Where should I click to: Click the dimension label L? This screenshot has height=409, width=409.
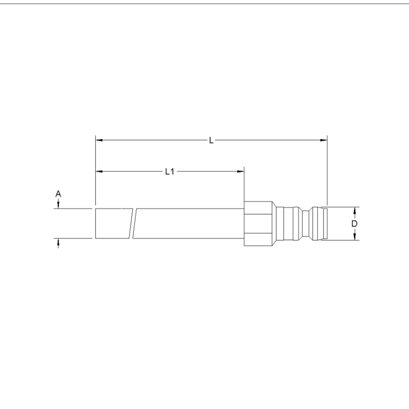(212, 141)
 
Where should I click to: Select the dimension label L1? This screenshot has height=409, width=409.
(170, 172)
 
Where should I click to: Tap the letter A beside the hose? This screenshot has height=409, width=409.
(58, 194)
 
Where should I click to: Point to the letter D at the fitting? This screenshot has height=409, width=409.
(354, 224)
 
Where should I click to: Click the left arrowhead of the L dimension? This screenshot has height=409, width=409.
(99, 140)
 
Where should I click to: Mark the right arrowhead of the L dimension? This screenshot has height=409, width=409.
(324, 140)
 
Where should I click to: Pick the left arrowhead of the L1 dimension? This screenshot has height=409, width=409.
(99, 171)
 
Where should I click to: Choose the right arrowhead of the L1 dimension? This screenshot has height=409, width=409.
(241, 171)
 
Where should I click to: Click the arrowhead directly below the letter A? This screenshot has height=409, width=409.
(58, 205)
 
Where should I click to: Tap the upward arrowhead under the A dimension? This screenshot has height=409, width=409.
(58, 242)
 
